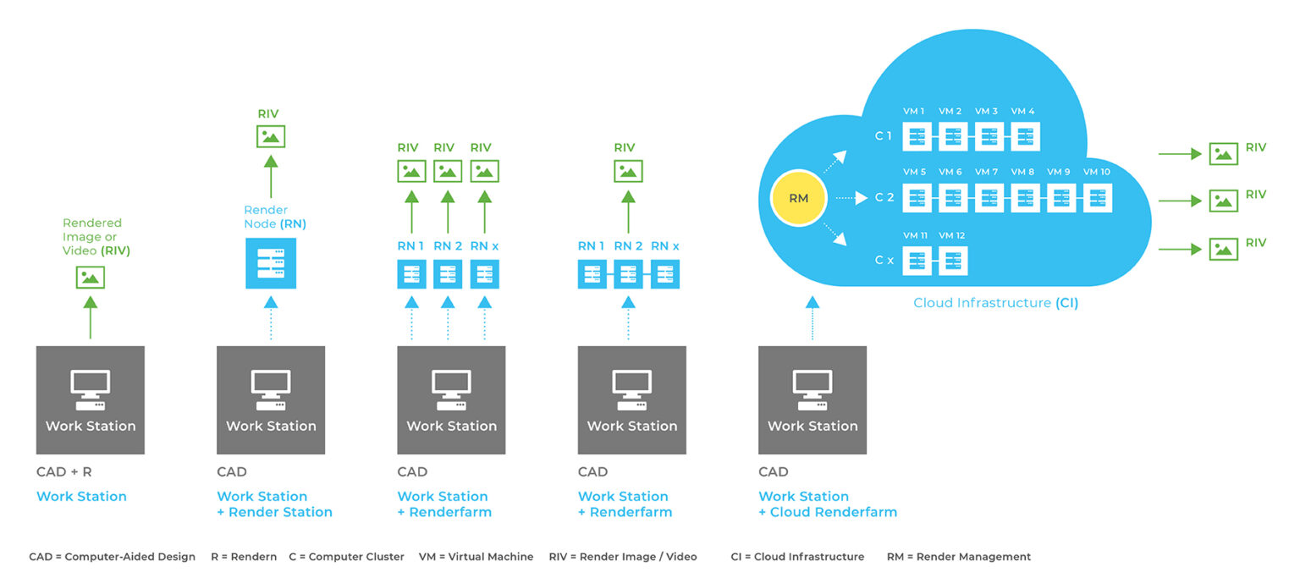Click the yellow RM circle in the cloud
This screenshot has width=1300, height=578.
coord(798,199)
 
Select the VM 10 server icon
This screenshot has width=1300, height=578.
coord(1097,198)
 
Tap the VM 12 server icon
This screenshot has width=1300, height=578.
coord(953,261)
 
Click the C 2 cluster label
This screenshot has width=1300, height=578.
coord(884,198)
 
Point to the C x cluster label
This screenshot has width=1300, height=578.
coord(884,261)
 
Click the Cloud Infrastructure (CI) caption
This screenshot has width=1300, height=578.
coord(995,303)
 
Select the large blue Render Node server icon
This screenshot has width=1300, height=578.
coord(271,263)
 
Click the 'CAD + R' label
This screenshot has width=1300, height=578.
coord(63,472)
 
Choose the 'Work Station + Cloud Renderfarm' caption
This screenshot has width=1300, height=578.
coord(827,504)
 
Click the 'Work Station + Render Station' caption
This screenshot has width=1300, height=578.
coord(274,504)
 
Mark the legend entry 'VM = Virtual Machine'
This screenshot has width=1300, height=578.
coord(476,557)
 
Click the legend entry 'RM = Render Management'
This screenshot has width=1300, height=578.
coord(958,557)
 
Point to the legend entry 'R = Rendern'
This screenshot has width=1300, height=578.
coord(244,557)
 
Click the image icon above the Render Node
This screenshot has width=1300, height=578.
coord(271,136)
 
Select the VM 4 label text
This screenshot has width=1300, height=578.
coord(1022,112)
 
